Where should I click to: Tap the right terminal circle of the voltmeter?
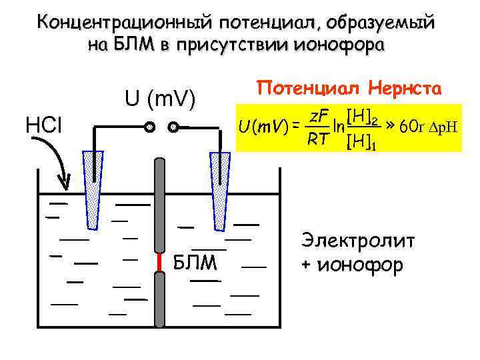[x=173, y=126]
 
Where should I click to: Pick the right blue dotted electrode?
[x=219, y=187]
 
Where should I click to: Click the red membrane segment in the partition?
[x=160, y=261]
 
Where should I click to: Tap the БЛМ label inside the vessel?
[x=195, y=263]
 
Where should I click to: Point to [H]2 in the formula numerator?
[x=363, y=119]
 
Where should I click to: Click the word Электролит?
[x=358, y=241]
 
